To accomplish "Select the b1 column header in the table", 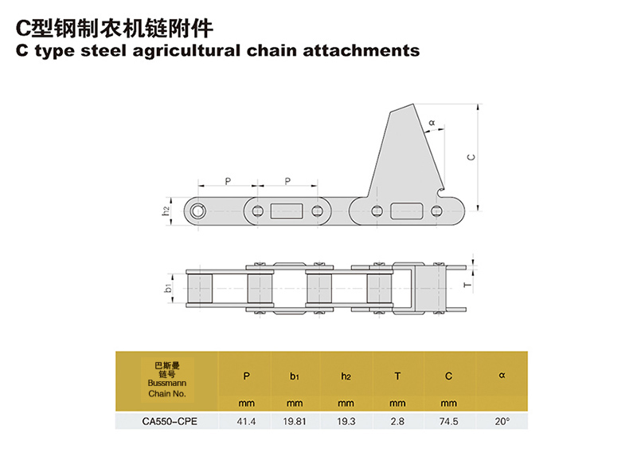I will (294, 375).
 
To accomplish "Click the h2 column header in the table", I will (346, 375).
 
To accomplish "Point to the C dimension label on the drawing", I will (471, 157).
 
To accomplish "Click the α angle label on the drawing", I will (432, 123).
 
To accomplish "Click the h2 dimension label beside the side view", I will (166, 211).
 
